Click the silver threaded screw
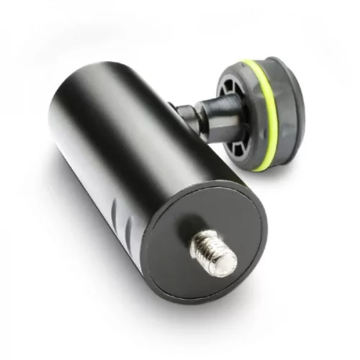point(209,246)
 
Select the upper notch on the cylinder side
point(117,208)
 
